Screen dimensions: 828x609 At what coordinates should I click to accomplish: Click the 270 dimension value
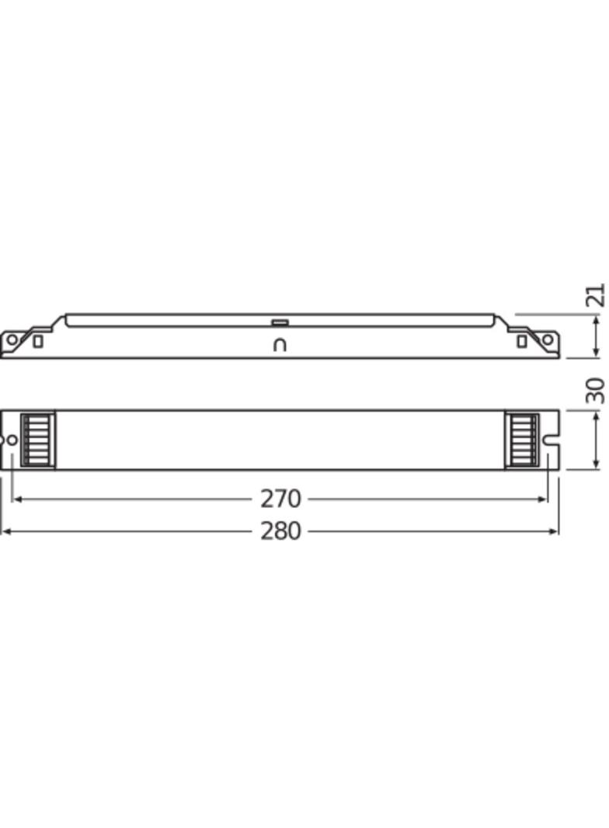[x=280, y=499]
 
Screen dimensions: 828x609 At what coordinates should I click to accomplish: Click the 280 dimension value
[x=280, y=531]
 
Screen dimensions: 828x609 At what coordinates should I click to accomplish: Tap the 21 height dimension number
[x=596, y=296]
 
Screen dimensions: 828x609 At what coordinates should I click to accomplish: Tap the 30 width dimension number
[x=596, y=390]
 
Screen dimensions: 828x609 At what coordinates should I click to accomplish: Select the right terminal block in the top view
[x=522, y=440]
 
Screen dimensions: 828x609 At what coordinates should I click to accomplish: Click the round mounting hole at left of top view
[x=11, y=440]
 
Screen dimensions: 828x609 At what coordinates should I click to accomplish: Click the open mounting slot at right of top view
[x=551, y=440]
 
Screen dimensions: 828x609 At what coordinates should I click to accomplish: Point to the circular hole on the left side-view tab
[x=12, y=339]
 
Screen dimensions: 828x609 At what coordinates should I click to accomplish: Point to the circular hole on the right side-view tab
[x=548, y=339]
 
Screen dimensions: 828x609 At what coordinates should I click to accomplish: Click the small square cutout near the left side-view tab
[x=37, y=341]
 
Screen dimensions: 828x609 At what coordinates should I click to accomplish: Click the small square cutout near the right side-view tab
[x=522, y=341]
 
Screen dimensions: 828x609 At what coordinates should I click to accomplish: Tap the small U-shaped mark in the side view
[x=280, y=345]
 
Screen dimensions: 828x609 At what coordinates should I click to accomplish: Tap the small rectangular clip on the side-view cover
[x=280, y=321]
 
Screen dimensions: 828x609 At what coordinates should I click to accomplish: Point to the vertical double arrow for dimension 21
[x=596, y=336]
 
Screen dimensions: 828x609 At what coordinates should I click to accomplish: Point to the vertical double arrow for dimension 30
[x=596, y=440]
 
